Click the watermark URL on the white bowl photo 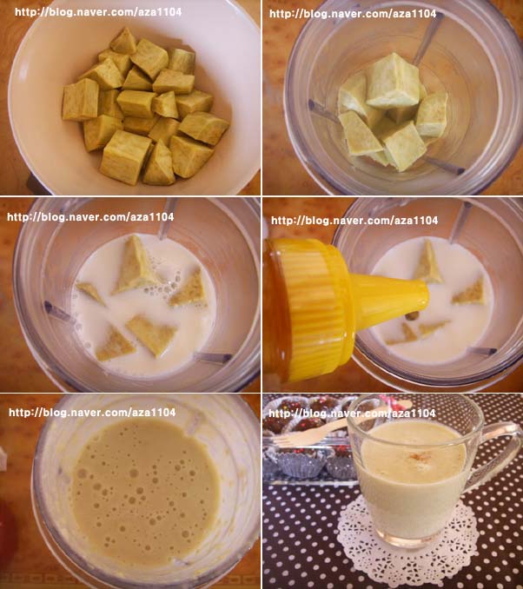coord(98,12)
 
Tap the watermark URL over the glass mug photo coord(352,414)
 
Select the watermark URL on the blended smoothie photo coord(92,413)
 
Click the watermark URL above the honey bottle coord(354,220)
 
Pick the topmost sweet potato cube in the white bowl coord(123,41)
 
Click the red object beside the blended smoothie coord(8,533)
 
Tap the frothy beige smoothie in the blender coord(145,492)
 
